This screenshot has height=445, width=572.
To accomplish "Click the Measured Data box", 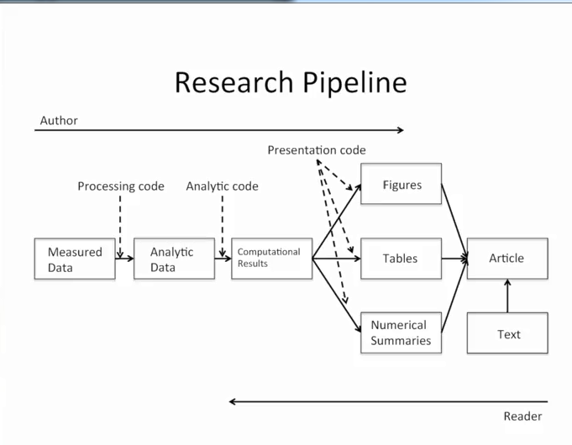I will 75,259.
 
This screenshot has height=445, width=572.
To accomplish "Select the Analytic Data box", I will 174,259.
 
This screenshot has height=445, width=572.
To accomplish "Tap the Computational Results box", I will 271,259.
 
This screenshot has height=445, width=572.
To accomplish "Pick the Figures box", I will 401,184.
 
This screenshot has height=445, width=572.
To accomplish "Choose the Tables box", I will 401,259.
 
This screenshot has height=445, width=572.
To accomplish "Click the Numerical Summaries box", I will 401,332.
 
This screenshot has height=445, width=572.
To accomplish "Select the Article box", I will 506,259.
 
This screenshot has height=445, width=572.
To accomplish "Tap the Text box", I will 507,333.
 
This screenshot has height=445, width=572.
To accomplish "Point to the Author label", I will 59,120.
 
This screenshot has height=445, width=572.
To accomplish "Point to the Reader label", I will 522,416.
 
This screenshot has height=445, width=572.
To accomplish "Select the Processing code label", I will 121,186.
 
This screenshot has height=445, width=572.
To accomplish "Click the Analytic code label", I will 222,186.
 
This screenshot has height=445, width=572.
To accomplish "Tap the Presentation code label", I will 317,150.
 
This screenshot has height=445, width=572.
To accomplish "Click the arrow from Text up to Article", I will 507,296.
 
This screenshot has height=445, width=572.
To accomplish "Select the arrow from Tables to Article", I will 454,259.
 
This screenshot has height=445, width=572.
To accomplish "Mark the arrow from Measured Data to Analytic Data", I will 124,259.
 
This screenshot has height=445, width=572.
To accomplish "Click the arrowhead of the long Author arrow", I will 400,130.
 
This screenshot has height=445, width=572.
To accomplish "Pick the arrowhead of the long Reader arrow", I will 234,401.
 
